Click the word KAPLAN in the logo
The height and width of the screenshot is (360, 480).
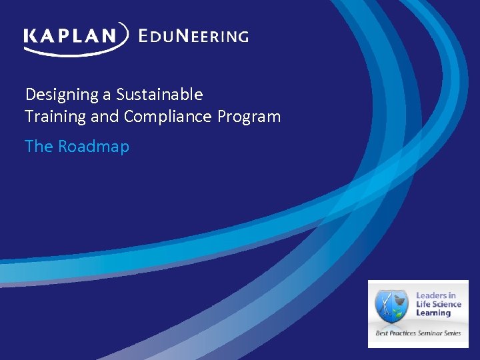coord(71,35)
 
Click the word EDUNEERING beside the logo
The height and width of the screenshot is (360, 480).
coord(193,36)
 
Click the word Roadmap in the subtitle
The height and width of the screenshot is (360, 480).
coord(93,146)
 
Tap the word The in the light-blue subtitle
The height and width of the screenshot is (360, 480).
coord(39,146)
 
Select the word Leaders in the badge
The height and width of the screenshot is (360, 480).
coord(431,295)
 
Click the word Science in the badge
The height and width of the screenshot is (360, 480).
coord(445,304)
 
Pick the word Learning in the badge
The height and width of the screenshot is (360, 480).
coord(433,313)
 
